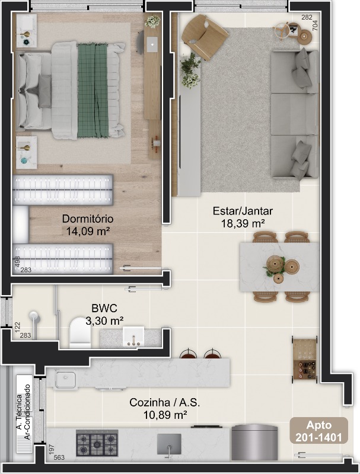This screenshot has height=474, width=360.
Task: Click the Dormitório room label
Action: point(88,219)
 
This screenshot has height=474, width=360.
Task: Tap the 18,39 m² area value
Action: point(243,224)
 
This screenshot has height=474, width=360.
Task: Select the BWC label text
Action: point(104,308)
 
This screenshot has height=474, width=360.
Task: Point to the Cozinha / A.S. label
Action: point(164,402)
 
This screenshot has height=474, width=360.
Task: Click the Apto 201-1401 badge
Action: point(319,431)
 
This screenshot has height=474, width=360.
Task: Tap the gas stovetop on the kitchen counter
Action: point(97,443)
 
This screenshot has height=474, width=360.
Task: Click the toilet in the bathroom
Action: point(80,332)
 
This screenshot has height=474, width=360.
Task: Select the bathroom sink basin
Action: point(133,337)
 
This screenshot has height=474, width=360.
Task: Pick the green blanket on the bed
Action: point(93,90)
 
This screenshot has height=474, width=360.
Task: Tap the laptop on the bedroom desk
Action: point(152,43)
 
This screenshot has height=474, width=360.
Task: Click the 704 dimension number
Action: point(314,25)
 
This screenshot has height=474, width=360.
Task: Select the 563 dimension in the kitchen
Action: point(59,457)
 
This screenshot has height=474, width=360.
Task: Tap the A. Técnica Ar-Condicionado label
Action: point(23,412)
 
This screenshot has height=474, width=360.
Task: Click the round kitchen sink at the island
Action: point(65,380)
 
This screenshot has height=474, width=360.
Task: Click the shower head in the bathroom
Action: point(33,316)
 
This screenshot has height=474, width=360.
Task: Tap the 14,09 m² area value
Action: point(88,231)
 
